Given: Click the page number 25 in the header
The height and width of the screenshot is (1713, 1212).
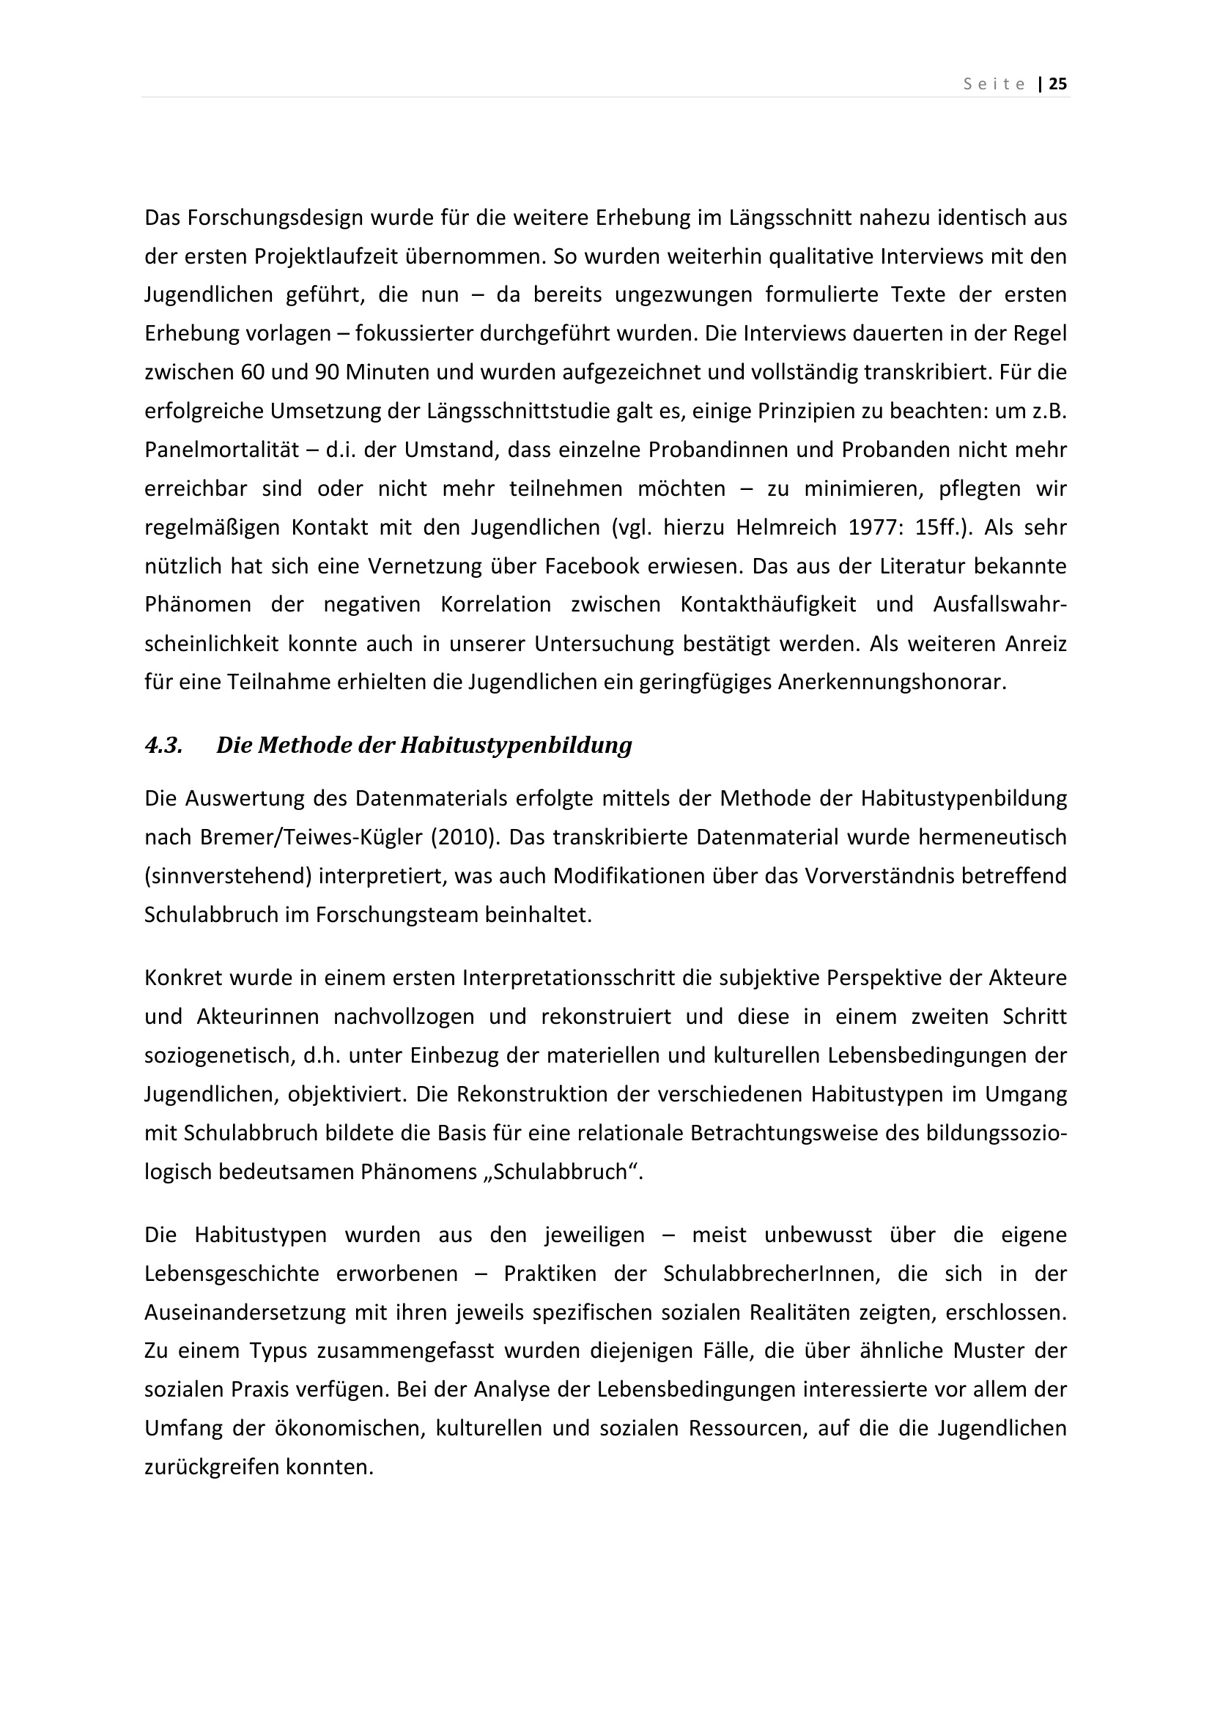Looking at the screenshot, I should click(1058, 84).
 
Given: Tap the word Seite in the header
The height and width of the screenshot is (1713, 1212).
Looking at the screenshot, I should click(994, 84).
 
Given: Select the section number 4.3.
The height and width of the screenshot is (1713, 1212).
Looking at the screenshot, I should click(163, 746).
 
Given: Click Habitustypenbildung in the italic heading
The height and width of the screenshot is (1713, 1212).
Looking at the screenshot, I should click(516, 746).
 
